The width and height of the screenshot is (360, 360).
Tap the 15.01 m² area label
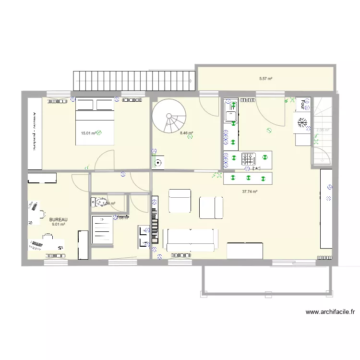click(x=88, y=133)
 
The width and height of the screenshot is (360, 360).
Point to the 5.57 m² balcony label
click(x=265, y=78)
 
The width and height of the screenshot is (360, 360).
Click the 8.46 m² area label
click(x=186, y=133)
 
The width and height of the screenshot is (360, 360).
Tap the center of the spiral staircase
click(x=169, y=116)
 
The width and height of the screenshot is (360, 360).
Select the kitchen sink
click(x=230, y=117)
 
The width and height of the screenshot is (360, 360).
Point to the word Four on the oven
click(x=306, y=102)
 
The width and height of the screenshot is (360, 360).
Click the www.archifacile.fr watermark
click(x=330, y=312)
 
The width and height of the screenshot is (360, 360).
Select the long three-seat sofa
click(x=189, y=240)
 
